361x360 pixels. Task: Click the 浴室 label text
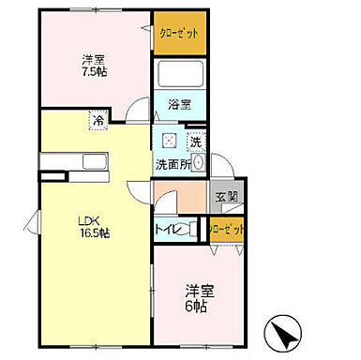pyautogui.click(x=181, y=105)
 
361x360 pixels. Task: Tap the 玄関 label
pyautogui.click(x=226, y=198)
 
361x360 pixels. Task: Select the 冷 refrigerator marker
pyautogui.click(x=98, y=120)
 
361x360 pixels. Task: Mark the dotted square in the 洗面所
pyautogui.click(x=169, y=141)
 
